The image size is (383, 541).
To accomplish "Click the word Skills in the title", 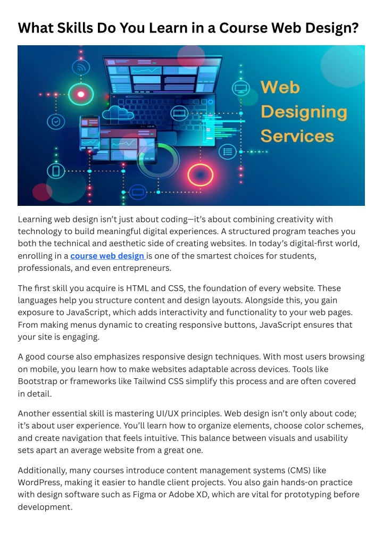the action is pyautogui.click(x=74, y=28).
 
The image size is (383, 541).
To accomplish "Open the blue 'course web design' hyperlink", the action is pyautogui.click(x=107, y=256).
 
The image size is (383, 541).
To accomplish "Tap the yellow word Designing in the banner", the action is pyautogui.click(x=304, y=112).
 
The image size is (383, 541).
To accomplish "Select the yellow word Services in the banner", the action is pyautogui.click(x=297, y=136).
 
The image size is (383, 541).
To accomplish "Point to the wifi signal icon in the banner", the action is pyautogui.click(x=81, y=68).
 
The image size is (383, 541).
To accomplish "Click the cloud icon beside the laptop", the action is pyautogui.click(x=118, y=113).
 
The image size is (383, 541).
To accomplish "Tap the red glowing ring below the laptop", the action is pyautogui.click(x=200, y=175).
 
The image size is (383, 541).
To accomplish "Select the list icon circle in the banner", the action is pyautogui.click(x=228, y=152).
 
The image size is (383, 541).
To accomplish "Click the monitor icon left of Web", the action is pyautogui.click(x=241, y=89).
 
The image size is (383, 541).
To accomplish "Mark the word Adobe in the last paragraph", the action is pyautogui.click(x=181, y=494).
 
